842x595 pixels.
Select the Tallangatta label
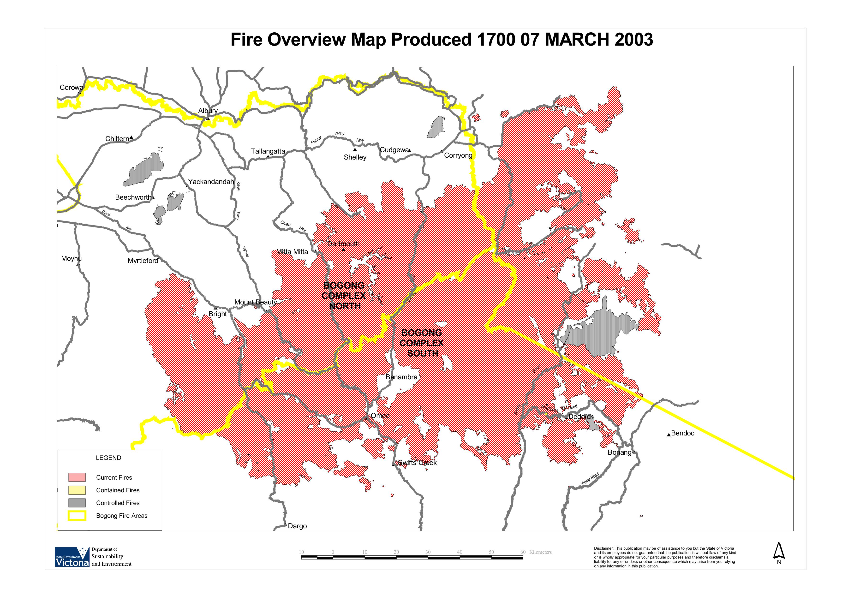(x=268, y=151)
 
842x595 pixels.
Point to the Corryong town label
(x=458, y=155)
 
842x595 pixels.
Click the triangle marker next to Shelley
(x=355, y=149)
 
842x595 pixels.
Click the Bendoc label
(x=682, y=433)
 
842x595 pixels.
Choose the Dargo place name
(x=297, y=526)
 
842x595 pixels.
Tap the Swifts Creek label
(x=417, y=463)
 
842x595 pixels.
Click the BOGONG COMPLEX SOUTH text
(x=422, y=343)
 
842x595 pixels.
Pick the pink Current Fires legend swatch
(x=77, y=477)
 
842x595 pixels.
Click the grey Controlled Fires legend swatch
(x=77, y=503)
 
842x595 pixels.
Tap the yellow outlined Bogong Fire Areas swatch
(x=77, y=516)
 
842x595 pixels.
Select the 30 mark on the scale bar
(x=428, y=552)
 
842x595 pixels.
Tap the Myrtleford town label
(x=143, y=261)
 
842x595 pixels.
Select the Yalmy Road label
(x=590, y=479)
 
